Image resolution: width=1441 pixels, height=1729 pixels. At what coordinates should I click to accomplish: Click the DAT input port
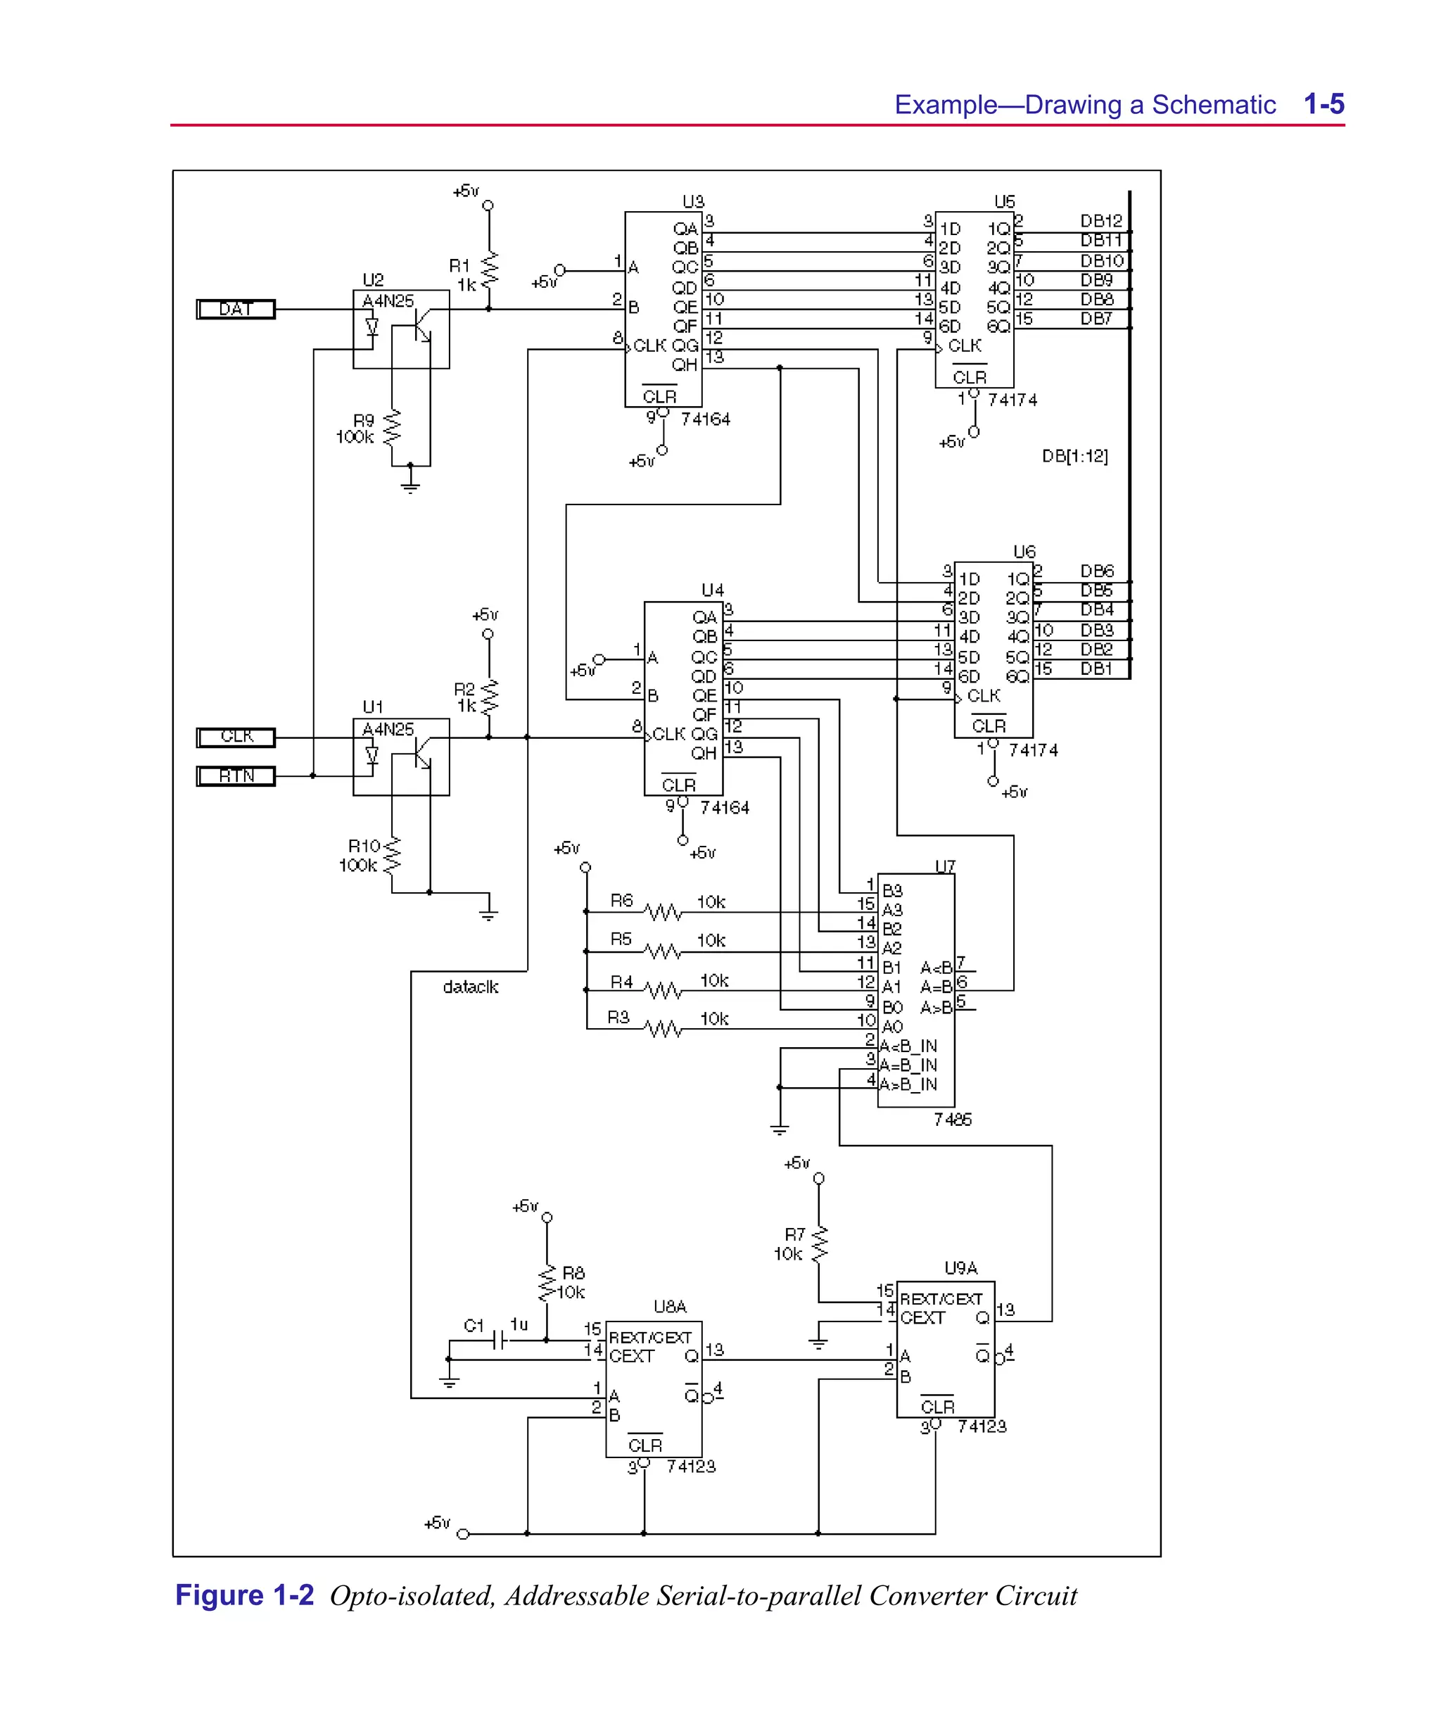point(236,310)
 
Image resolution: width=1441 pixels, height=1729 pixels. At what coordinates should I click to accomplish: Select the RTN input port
point(236,776)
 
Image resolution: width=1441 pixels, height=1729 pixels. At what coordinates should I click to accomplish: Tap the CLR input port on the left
point(236,737)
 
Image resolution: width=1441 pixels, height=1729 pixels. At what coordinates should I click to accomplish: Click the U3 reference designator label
point(693,202)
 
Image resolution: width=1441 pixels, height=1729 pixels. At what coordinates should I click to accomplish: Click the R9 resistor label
point(363,421)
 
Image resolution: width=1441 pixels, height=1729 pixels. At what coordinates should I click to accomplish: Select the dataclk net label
point(470,987)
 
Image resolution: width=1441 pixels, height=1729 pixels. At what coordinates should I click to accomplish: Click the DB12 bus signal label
point(1101,222)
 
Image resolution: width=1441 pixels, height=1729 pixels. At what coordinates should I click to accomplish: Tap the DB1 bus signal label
point(1097,669)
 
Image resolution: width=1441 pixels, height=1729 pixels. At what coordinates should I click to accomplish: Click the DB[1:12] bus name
point(1074,456)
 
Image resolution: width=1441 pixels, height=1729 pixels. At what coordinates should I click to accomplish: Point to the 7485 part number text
point(953,1120)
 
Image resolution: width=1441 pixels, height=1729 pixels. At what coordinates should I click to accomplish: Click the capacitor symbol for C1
point(499,1341)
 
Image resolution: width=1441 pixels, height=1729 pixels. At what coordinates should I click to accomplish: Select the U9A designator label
point(960,1268)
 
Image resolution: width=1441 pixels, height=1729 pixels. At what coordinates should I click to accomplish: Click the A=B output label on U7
point(937,987)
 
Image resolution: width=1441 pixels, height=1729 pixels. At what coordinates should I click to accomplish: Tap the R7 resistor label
point(794,1234)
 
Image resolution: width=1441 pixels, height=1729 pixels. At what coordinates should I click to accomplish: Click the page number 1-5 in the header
point(1324,105)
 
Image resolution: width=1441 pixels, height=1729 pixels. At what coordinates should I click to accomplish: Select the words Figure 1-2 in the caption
point(245,1595)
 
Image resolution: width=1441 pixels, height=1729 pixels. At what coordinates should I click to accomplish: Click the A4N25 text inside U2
point(388,301)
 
